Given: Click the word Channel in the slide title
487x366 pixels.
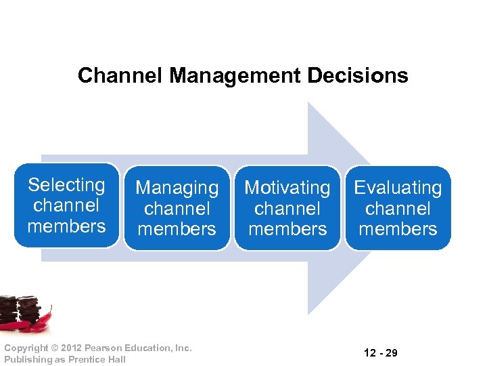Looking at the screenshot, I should pyautogui.click(x=120, y=75).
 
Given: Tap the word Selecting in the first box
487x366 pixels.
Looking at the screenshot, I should pyautogui.click(x=66, y=185).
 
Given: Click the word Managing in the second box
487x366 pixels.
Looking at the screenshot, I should pyautogui.click(x=177, y=188).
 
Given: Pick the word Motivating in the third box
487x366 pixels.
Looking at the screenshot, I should pyautogui.click(x=287, y=188).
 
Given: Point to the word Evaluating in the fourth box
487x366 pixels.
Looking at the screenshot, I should pyautogui.click(x=398, y=188).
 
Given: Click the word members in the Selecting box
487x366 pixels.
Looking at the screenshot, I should pyautogui.click(x=66, y=226).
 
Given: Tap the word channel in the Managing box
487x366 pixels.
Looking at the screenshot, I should pyautogui.click(x=177, y=209).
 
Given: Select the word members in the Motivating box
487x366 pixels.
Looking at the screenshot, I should pyautogui.click(x=287, y=229).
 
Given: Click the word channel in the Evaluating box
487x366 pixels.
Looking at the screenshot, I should pyautogui.click(x=398, y=209).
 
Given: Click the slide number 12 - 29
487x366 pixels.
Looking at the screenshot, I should pyautogui.click(x=380, y=353).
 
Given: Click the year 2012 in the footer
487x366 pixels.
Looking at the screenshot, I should pyautogui.click(x=74, y=348).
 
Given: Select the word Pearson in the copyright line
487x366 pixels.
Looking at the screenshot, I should pyautogui.click(x=106, y=348).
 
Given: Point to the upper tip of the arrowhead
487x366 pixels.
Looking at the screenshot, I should pyautogui.click(x=309, y=103).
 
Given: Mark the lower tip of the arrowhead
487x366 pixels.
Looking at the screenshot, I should pyautogui.click(x=309, y=314).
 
